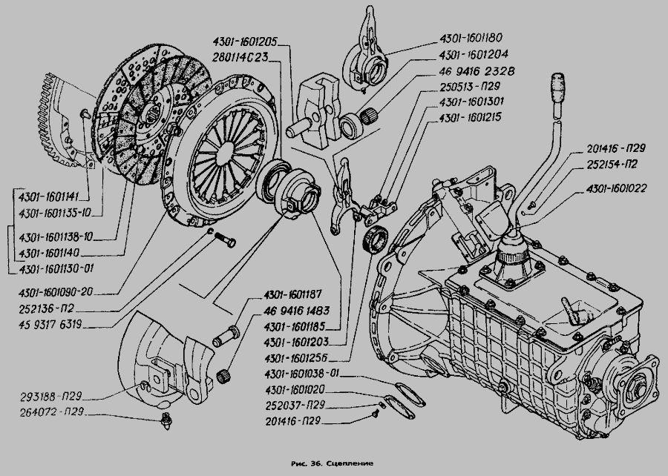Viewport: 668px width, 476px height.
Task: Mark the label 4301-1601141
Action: (50, 197)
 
